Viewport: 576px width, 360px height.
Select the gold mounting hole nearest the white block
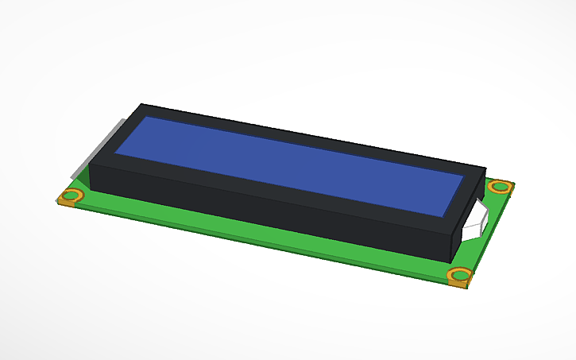pyautogui.click(x=499, y=187)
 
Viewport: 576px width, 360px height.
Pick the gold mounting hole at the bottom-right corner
pyautogui.click(x=459, y=276)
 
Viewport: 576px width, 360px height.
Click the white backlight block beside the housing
pyautogui.click(x=476, y=220)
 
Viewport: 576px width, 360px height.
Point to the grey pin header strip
pyautogui.click(x=99, y=151)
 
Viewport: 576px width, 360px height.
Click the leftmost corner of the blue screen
pyautogui.click(x=116, y=153)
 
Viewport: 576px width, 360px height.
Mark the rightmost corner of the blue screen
pyautogui.click(x=465, y=180)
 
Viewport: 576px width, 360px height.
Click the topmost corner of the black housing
pyautogui.click(x=141, y=104)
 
